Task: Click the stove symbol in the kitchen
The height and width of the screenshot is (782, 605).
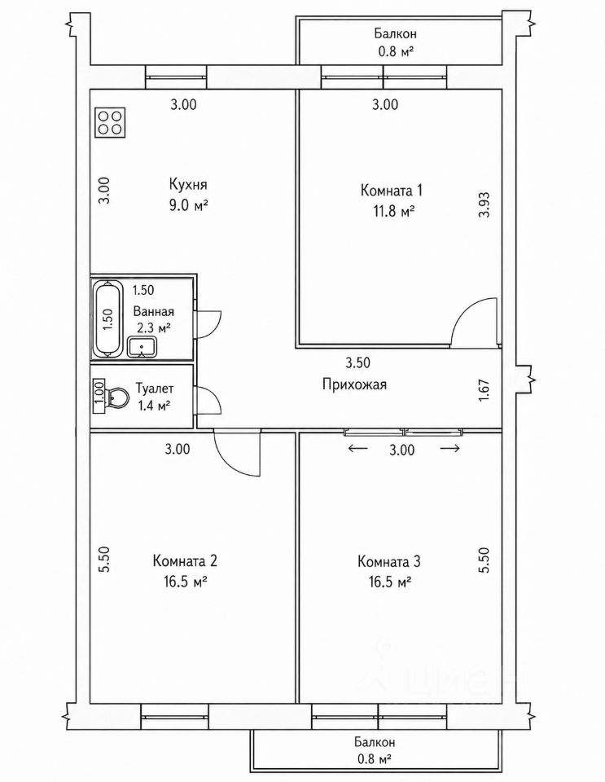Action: pyautogui.click(x=110, y=122)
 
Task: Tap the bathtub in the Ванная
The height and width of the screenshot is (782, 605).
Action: pyautogui.click(x=107, y=319)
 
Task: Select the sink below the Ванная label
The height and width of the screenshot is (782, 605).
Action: pyautogui.click(x=142, y=347)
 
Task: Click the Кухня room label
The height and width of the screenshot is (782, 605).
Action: pyautogui.click(x=188, y=185)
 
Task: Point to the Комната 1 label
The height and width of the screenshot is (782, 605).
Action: pyautogui.click(x=391, y=191)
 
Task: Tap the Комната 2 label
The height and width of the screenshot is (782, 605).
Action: pyautogui.click(x=185, y=561)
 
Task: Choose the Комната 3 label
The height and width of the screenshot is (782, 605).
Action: pyautogui.click(x=388, y=561)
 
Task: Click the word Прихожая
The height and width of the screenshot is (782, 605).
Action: pyautogui.click(x=354, y=384)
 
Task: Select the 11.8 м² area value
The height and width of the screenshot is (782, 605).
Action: pyautogui.click(x=391, y=212)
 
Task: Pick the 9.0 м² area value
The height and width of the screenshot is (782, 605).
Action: pyautogui.click(x=188, y=205)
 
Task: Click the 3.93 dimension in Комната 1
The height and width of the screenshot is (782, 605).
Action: pyautogui.click(x=485, y=205)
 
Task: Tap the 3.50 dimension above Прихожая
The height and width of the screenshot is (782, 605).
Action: pyautogui.click(x=357, y=362)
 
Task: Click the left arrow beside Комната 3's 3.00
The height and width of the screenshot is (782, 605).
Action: pyautogui.click(x=357, y=448)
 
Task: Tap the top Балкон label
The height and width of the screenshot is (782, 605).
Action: pyautogui.click(x=396, y=34)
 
